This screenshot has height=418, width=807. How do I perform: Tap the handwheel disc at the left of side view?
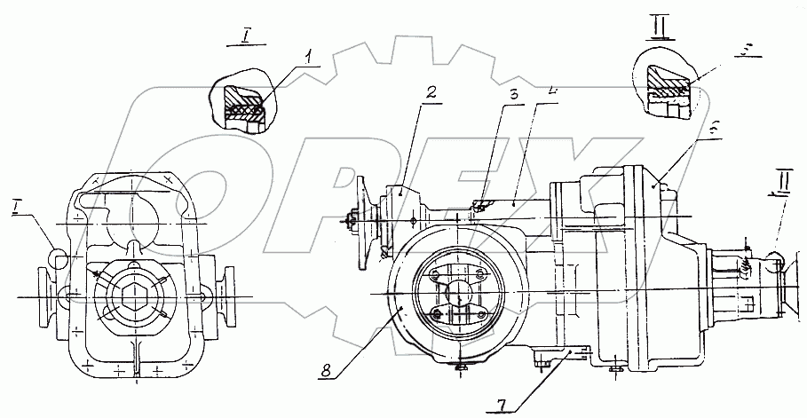tap(363, 222)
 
